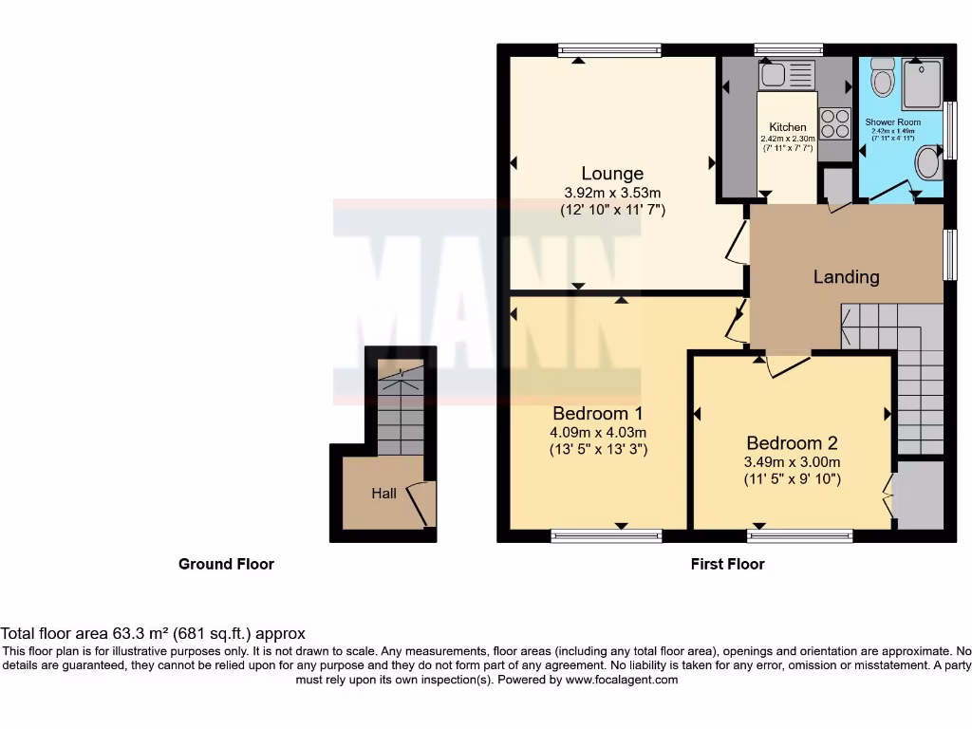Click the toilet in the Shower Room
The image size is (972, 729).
[883, 78]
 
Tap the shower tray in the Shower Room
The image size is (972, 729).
[921, 83]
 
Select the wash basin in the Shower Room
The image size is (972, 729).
[927, 165]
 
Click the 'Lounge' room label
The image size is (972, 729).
[612, 174]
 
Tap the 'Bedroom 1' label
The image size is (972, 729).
[598, 413]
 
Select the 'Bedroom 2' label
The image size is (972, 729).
[792, 442]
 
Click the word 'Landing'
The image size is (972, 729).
[846, 277]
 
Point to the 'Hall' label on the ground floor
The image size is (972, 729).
[383, 494]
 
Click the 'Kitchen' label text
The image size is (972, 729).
[788, 127]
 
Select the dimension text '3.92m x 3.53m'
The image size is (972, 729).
[612, 192]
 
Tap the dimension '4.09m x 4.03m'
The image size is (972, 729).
[598, 432]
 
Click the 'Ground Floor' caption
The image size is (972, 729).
[226, 564]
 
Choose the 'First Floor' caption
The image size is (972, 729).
[727, 564]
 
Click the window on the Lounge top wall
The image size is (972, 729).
[609, 49]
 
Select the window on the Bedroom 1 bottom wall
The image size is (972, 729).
[607, 536]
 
